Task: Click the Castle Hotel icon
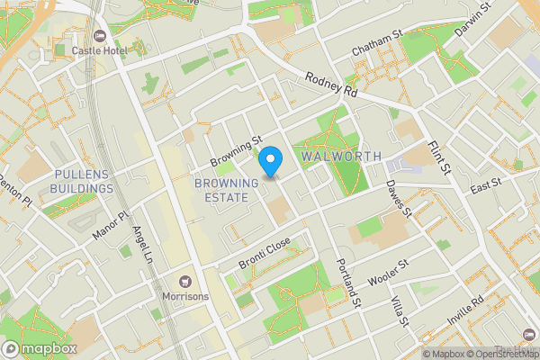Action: [x=100, y=36]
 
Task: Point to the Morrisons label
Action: [x=186, y=297]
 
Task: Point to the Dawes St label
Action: [x=398, y=199]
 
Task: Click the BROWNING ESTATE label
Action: [x=226, y=190]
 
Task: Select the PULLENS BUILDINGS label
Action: [x=84, y=181]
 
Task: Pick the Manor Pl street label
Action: [x=112, y=227]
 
